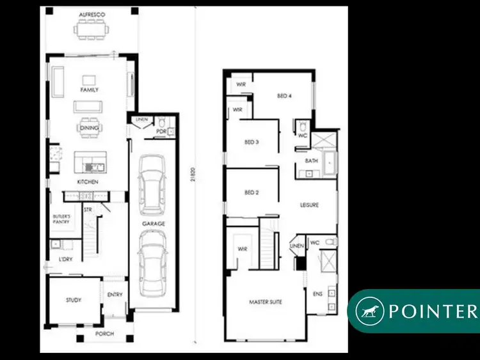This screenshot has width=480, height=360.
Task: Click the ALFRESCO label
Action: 92,14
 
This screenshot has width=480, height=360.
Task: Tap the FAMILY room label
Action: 89,90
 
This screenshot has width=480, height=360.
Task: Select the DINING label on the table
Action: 89,127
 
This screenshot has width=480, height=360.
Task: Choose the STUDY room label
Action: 73,299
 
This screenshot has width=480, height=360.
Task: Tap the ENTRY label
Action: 115,295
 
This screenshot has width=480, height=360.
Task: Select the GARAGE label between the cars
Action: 154,224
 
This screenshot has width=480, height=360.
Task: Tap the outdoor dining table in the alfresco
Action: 92,28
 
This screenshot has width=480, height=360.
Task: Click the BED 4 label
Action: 284,96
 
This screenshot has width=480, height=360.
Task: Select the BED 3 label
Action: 252,142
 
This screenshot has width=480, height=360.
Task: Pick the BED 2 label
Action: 251,192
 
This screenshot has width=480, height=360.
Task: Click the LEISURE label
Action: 310,205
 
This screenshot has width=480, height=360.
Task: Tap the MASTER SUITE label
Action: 265,302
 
